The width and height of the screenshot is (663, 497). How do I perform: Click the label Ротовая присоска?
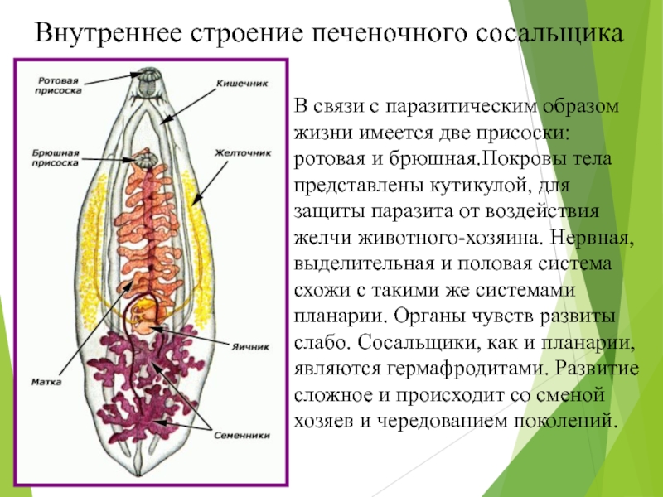[58, 85]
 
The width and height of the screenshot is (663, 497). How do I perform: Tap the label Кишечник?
[242, 84]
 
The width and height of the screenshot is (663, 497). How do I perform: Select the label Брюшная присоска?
[56, 157]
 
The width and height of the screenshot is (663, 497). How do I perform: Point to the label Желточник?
[242, 152]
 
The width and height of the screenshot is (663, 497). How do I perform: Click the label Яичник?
[250, 346]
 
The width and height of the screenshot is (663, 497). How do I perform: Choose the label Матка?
[46, 382]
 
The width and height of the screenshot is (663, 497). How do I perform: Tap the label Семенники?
[241, 435]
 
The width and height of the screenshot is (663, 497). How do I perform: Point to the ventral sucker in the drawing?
[146, 160]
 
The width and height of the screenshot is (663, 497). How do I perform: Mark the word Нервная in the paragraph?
[593, 238]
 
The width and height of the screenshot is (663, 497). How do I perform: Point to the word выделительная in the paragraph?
[364, 264]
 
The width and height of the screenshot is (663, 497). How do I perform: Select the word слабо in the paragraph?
[322, 343]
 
